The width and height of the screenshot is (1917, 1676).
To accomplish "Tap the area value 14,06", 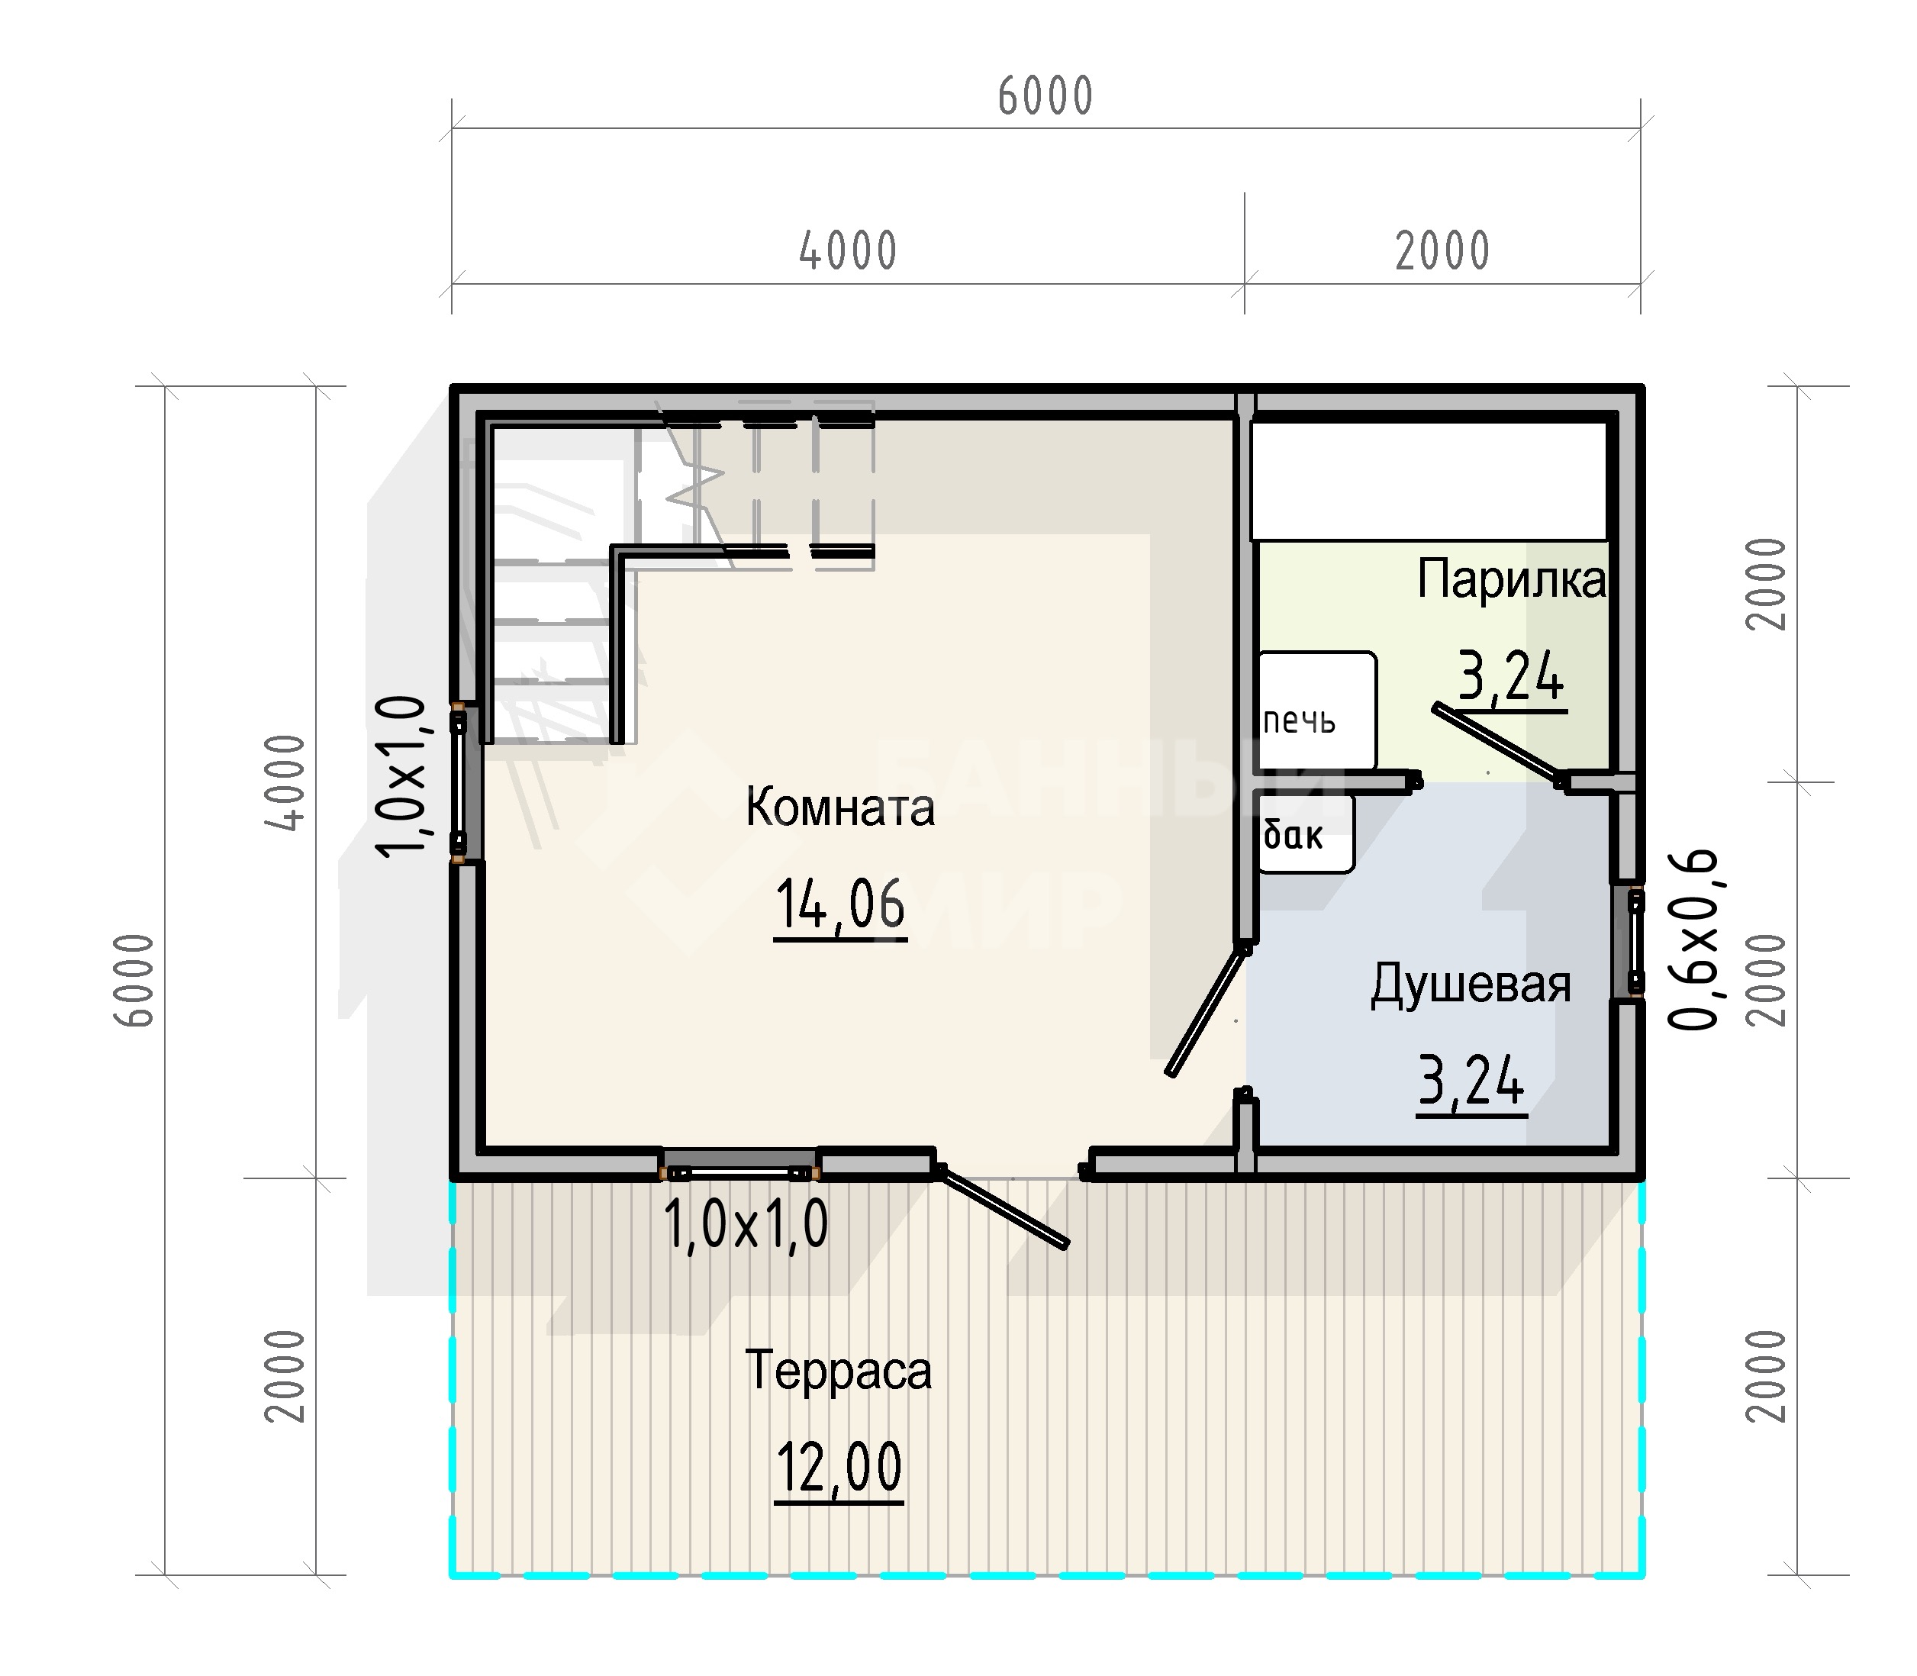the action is [x=839, y=904].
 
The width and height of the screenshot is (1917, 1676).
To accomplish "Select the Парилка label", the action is [x=1511, y=580].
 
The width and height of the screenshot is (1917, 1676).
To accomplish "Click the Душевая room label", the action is [x=1471, y=985].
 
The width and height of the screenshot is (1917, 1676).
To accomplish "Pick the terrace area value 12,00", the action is [x=839, y=1468].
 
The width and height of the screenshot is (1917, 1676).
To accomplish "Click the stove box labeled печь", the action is [x=1316, y=710].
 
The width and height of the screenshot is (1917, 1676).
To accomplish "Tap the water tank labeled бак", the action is [x=1306, y=833].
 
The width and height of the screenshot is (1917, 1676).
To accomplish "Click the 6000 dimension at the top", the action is [x=1045, y=96].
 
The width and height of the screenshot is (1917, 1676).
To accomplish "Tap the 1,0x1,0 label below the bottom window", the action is [x=746, y=1224].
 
